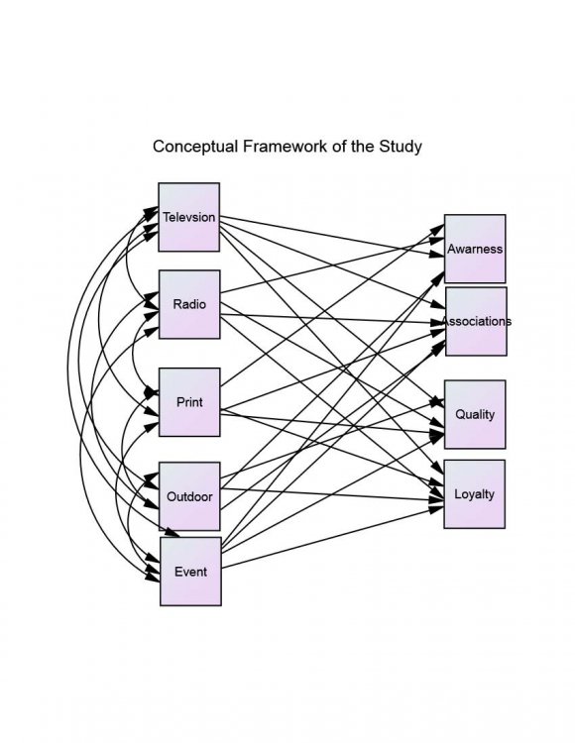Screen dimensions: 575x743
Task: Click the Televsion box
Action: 188,217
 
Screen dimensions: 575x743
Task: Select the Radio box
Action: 189,304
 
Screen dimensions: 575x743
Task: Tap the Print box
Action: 189,402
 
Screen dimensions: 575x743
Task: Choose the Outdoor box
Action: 189,496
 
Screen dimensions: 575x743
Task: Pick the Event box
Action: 190,571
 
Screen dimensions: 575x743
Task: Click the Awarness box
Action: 475,249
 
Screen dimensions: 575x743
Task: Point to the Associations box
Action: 477,321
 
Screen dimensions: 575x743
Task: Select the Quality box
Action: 475,414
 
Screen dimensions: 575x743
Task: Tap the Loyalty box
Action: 475,493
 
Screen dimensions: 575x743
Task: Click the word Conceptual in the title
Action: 195,147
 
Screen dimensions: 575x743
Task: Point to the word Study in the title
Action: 401,147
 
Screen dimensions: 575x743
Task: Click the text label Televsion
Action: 188,217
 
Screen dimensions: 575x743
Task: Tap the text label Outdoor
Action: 189,496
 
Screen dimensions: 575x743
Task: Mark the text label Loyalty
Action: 475,494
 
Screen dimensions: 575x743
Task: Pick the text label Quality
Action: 475,415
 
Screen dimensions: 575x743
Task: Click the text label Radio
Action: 189,304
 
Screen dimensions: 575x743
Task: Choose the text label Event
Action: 190,572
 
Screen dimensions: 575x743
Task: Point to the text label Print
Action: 189,402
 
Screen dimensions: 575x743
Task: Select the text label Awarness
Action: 475,249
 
